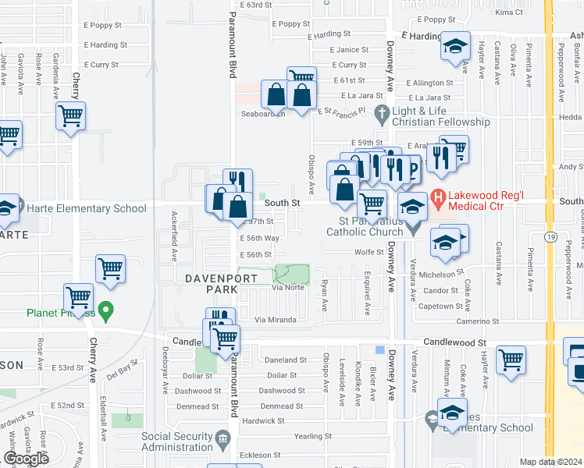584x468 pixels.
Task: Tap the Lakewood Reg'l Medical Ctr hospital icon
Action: (x=438, y=199)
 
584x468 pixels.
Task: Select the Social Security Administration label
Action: (x=177, y=441)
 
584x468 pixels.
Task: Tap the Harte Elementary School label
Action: (x=86, y=208)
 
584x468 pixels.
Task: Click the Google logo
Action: (x=26, y=458)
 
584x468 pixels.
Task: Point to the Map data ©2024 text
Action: (x=550, y=462)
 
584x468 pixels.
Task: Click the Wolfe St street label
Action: (x=369, y=252)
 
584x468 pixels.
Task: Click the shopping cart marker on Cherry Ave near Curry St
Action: (x=70, y=116)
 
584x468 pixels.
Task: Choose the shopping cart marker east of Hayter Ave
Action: (x=511, y=360)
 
